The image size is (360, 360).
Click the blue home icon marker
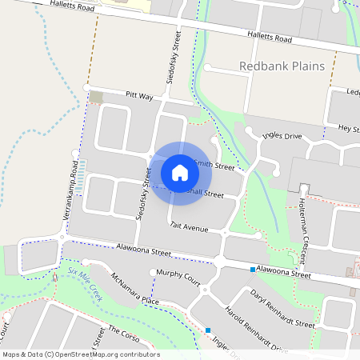(180, 173)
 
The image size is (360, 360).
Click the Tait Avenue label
(189, 228)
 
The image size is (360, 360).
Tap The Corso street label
(124, 334)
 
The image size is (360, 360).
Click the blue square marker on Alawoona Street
(253, 270)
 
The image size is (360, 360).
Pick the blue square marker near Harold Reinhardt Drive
(208, 330)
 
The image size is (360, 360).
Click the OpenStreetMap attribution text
(81, 354)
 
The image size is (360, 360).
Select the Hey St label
(348, 128)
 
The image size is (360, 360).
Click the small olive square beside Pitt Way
(97, 97)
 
